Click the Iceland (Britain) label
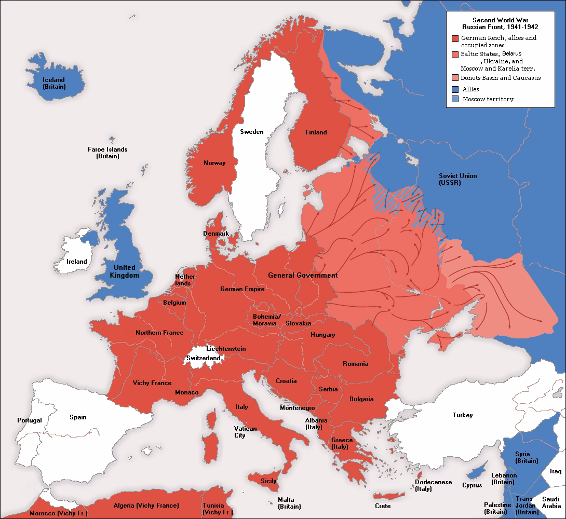54,83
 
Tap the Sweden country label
251,132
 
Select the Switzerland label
204,358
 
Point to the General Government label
303,275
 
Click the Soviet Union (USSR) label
457,179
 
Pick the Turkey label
462,415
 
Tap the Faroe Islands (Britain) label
107,153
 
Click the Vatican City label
245,432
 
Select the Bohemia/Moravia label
267,320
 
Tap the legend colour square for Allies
455,89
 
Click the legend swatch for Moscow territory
455,99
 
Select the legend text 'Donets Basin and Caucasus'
501,78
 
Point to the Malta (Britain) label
289,503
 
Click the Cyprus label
472,485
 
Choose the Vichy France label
152,383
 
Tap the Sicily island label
268,481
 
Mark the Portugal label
29,420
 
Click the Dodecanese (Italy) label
434,485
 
